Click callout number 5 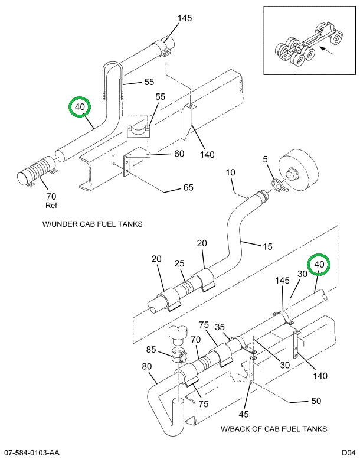(266, 159)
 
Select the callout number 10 (230, 172)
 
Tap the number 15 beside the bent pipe (267, 246)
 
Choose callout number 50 (316, 401)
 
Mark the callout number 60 (179, 154)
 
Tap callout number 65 (188, 188)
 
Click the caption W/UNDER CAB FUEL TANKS (93, 224)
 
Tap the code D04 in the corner (345, 453)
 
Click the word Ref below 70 (51, 206)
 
